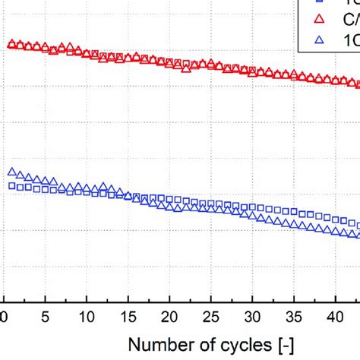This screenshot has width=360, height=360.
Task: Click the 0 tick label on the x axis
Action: click(x=6, y=315)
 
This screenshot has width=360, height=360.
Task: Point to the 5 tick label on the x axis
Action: click(x=46, y=315)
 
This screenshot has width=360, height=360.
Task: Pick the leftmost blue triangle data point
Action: click(x=11, y=172)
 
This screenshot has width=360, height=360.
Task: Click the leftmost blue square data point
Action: click(x=11, y=185)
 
